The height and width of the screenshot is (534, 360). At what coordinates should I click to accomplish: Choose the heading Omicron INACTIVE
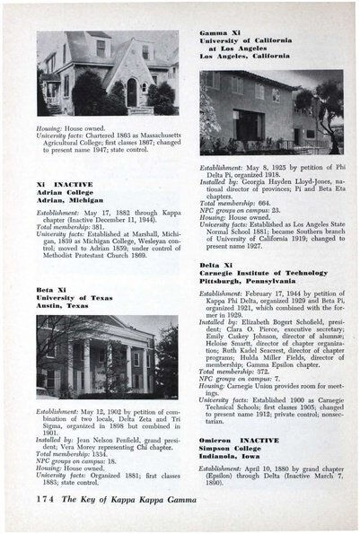[x=240, y=441]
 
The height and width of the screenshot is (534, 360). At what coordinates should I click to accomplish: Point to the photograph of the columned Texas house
[x=107, y=356]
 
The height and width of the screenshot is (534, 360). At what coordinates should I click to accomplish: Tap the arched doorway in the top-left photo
[x=132, y=92]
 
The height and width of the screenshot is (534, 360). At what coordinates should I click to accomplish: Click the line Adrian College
[x=65, y=190]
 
